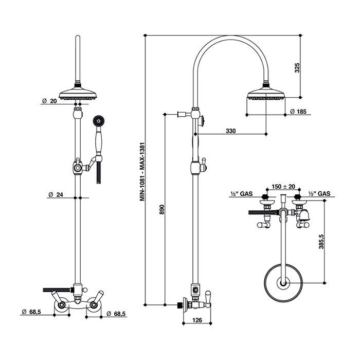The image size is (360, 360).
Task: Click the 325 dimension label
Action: pos(297,68)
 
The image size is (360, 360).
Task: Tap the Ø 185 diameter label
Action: pos(298,112)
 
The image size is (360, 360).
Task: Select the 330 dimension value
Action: pos(230,131)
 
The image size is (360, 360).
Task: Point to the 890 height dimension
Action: pos(161,209)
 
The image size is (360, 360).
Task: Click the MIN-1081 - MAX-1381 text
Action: pos(142,171)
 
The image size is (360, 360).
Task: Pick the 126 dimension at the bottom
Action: pos(197,320)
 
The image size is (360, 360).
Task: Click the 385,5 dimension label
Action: pos(321,242)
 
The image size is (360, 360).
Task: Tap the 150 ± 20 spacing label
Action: pos(283,186)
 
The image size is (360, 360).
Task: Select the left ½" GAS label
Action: pos(241,194)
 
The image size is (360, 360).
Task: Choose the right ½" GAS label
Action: pos(319,194)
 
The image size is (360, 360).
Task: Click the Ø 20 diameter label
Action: pos(49,101)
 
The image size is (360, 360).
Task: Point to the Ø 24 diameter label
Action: pos(56,195)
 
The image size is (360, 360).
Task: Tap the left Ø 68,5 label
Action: pos(31,312)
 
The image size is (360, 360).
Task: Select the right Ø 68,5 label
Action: pos(116,314)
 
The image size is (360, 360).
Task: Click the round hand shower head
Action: pos(99,120)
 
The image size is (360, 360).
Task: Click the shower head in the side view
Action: pos(266,93)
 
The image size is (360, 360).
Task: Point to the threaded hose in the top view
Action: pos(264,212)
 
